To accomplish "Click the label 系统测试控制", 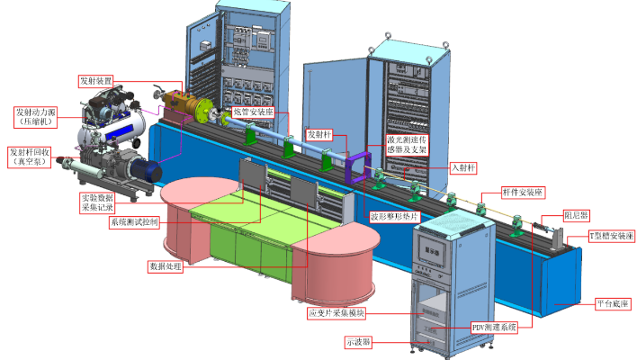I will pyautogui.click(x=134, y=222).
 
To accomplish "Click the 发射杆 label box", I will pyautogui.click(x=320, y=132).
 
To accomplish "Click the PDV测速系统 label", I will pyautogui.click(x=494, y=328).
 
